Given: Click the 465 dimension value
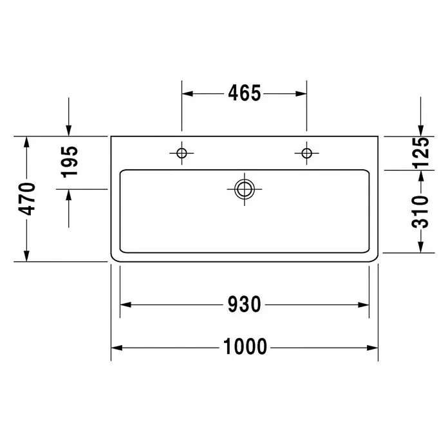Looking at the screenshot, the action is coord(245,93).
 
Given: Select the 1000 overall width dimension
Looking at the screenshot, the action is coord(245,346).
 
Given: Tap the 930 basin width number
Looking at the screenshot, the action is coord(245,304).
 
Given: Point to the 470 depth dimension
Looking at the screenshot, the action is coord(27,199).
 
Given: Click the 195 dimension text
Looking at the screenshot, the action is coord(70,162).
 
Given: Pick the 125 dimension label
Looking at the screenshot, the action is coord(420,152).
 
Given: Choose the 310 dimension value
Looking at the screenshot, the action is coord(420,212).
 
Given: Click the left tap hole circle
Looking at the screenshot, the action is coord(182,153).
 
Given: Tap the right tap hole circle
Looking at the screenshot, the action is coord(306,153).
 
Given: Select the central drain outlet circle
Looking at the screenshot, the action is coord(245,189).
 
